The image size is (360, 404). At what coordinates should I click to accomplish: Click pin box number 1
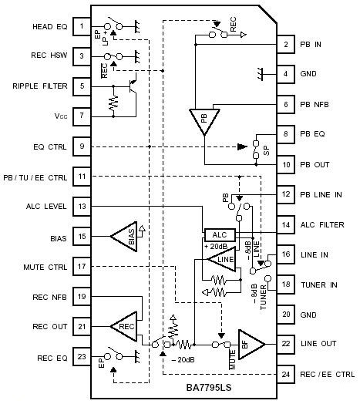click(81, 25)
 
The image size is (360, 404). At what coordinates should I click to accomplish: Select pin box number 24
click(285, 375)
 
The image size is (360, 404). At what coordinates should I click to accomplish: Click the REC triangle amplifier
click(124, 326)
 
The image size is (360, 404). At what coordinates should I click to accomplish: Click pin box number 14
click(285, 224)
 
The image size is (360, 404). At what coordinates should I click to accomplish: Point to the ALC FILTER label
click(322, 224)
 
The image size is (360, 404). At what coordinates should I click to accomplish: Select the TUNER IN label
click(319, 284)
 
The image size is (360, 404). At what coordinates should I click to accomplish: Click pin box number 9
click(81, 146)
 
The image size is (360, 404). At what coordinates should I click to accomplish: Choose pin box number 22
click(285, 344)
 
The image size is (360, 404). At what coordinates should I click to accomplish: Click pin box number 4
click(285, 74)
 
